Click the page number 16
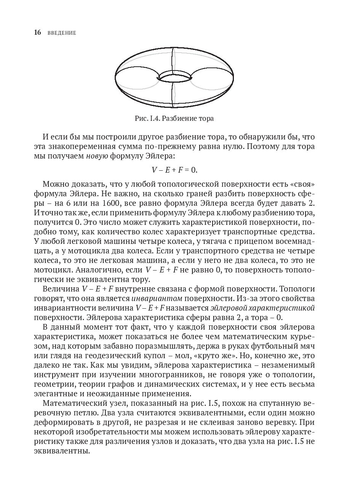(x=37, y=33)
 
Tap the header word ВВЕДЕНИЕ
(x=62, y=33)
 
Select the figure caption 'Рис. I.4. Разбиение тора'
(x=174, y=119)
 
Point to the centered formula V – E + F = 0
(x=174, y=170)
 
